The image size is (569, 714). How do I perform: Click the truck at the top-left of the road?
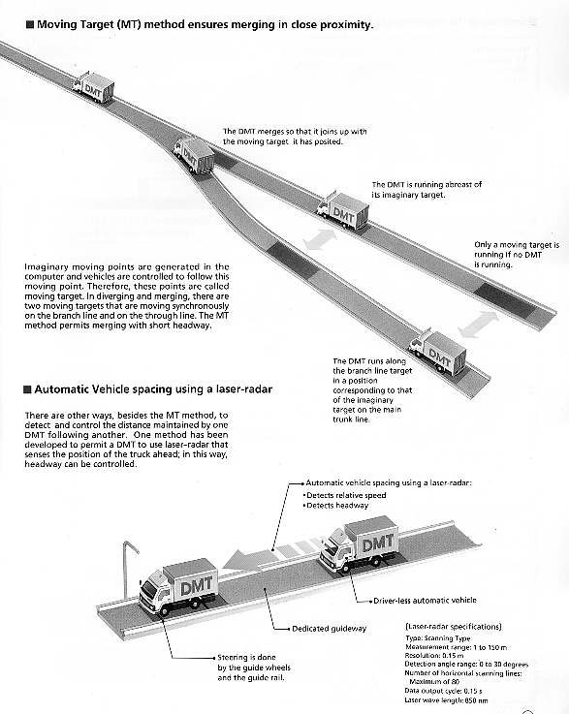(x=93, y=87)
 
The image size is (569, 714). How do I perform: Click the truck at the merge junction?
(x=195, y=155)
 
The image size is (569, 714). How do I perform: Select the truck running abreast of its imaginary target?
(x=342, y=210)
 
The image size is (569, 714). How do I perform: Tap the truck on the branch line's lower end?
(x=437, y=352)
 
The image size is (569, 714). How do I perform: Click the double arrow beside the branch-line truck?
(x=478, y=325)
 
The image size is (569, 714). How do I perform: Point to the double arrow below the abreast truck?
(x=320, y=239)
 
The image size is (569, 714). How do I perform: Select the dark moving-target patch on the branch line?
(x=292, y=260)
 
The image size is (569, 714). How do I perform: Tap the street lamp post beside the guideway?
(x=128, y=570)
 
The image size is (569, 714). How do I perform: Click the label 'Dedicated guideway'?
(x=329, y=629)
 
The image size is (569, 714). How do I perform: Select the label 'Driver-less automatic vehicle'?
(x=425, y=601)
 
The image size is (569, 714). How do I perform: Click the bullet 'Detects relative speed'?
(x=345, y=495)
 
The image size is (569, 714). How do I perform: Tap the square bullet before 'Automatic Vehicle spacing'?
(x=27, y=389)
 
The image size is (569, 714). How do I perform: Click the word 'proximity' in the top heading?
(x=347, y=25)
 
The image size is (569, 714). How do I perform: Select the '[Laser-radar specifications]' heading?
(x=454, y=627)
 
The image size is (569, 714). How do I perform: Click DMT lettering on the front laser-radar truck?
(x=197, y=586)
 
